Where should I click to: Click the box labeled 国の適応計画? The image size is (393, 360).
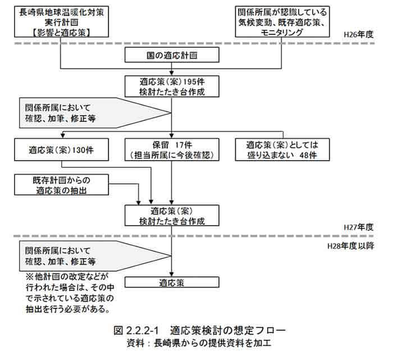point(172,56)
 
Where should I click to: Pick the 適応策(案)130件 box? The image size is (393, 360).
point(61,151)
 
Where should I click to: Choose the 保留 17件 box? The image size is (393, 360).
point(172,151)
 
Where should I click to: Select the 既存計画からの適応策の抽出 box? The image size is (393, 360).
point(61,186)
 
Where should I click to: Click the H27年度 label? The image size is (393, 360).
point(365,228)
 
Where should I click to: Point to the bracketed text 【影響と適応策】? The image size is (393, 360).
point(53,33)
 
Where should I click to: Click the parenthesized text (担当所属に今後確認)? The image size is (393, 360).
point(172,156)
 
